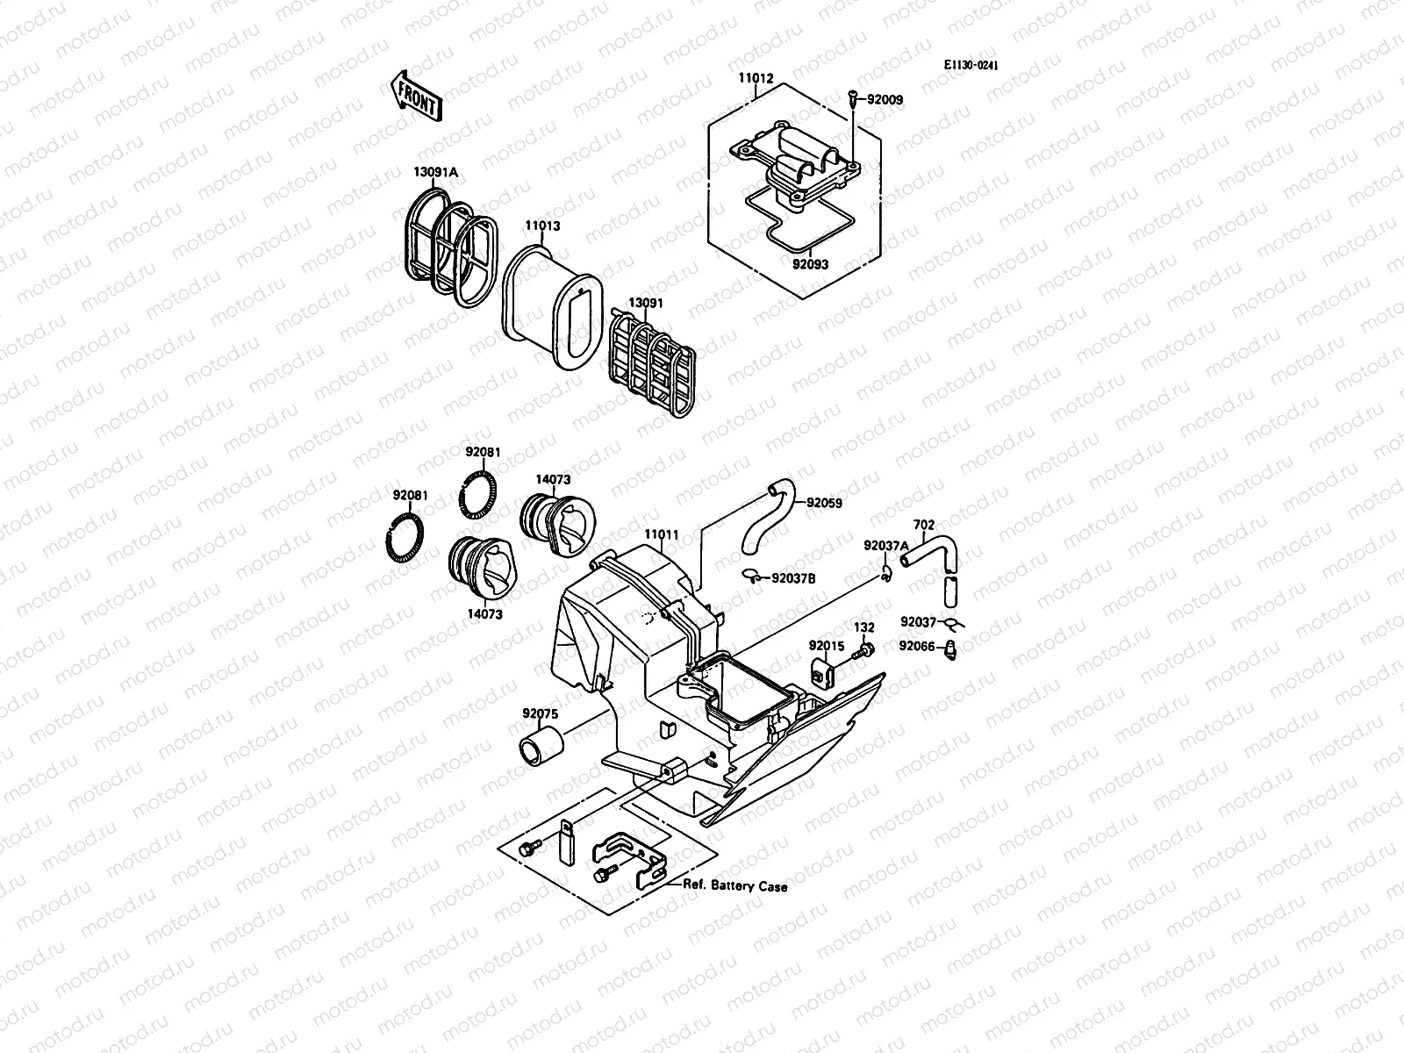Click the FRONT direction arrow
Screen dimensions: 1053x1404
415,96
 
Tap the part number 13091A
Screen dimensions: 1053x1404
435,173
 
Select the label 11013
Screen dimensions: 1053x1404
542,226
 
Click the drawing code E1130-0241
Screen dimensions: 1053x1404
971,66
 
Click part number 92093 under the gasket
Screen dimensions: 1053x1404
810,263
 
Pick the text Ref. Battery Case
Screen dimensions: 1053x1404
735,886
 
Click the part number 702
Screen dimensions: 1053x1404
924,526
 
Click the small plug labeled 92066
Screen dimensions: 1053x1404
950,650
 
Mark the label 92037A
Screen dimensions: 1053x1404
886,545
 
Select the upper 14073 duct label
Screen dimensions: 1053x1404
553,480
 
